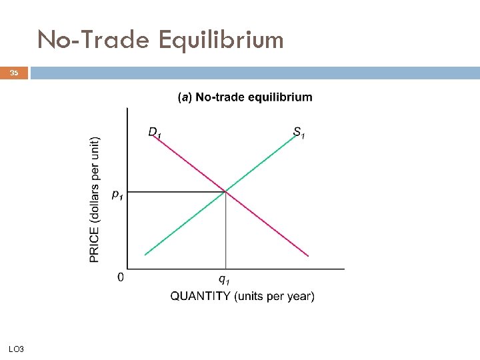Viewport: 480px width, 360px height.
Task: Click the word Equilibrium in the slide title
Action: (221, 41)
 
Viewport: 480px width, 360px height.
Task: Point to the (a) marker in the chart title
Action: (184, 97)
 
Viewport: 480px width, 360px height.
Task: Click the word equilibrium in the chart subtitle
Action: (280, 97)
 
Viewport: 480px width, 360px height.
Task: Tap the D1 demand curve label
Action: (155, 133)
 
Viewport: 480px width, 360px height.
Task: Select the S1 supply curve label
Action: (299, 133)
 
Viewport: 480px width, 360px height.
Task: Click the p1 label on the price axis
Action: (117, 194)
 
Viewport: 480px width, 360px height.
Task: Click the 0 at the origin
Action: (121, 277)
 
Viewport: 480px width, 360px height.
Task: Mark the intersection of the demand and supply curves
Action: (225, 192)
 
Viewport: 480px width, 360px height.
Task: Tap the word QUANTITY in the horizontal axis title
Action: (201, 296)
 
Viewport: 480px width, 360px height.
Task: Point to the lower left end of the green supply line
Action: (145, 254)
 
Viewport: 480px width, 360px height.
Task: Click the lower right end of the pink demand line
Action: (307, 255)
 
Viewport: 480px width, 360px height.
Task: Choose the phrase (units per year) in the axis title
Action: (274, 296)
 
